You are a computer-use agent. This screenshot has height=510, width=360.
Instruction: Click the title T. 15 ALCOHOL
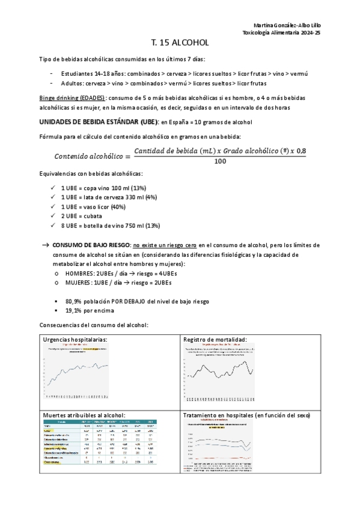point(180,43)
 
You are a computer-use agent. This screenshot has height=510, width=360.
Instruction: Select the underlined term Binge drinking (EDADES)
point(72,97)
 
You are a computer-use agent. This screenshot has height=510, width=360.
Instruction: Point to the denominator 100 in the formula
point(219,161)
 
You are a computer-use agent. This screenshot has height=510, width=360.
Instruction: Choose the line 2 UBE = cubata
point(82,216)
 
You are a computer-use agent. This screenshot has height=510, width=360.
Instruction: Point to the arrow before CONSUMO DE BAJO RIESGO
point(45,245)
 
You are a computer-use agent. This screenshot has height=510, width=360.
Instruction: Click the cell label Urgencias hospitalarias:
point(75,340)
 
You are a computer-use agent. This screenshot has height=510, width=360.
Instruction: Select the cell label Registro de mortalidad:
point(215,340)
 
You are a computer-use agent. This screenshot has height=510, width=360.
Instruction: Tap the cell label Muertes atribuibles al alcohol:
point(84,415)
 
